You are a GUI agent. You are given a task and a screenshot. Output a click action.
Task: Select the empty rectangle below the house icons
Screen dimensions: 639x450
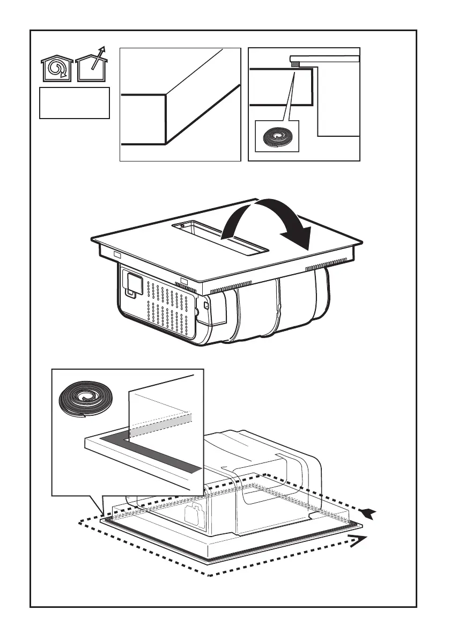click(75, 102)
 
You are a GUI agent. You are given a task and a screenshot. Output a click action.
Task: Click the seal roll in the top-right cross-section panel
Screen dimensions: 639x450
click(277, 137)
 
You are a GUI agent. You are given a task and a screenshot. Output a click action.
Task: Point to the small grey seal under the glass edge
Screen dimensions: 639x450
click(296, 64)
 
